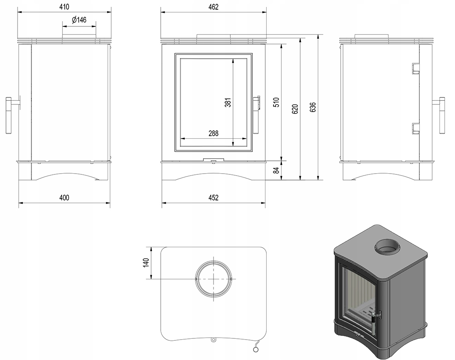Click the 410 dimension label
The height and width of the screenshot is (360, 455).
[x=64, y=7]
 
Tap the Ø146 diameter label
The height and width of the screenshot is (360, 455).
[x=79, y=20]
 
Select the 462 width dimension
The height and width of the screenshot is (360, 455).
[x=214, y=7]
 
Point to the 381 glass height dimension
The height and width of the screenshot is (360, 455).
[x=227, y=103]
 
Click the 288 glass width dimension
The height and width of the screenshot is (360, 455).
[x=214, y=134]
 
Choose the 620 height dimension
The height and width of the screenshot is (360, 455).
[x=295, y=109]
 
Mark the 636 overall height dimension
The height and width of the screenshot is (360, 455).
[x=313, y=107]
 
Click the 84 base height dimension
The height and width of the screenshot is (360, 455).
[x=276, y=170]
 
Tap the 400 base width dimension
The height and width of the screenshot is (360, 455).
[x=64, y=198]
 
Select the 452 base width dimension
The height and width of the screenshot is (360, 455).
[x=214, y=198]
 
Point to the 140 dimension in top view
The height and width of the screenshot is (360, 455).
[x=146, y=262]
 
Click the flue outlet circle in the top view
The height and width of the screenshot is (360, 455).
[x=213, y=279]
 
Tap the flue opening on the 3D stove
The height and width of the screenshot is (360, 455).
[x=387, y=248]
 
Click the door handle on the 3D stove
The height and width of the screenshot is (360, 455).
[x=373, y=322]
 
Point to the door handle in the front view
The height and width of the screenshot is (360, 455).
[x=258, y=103]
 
